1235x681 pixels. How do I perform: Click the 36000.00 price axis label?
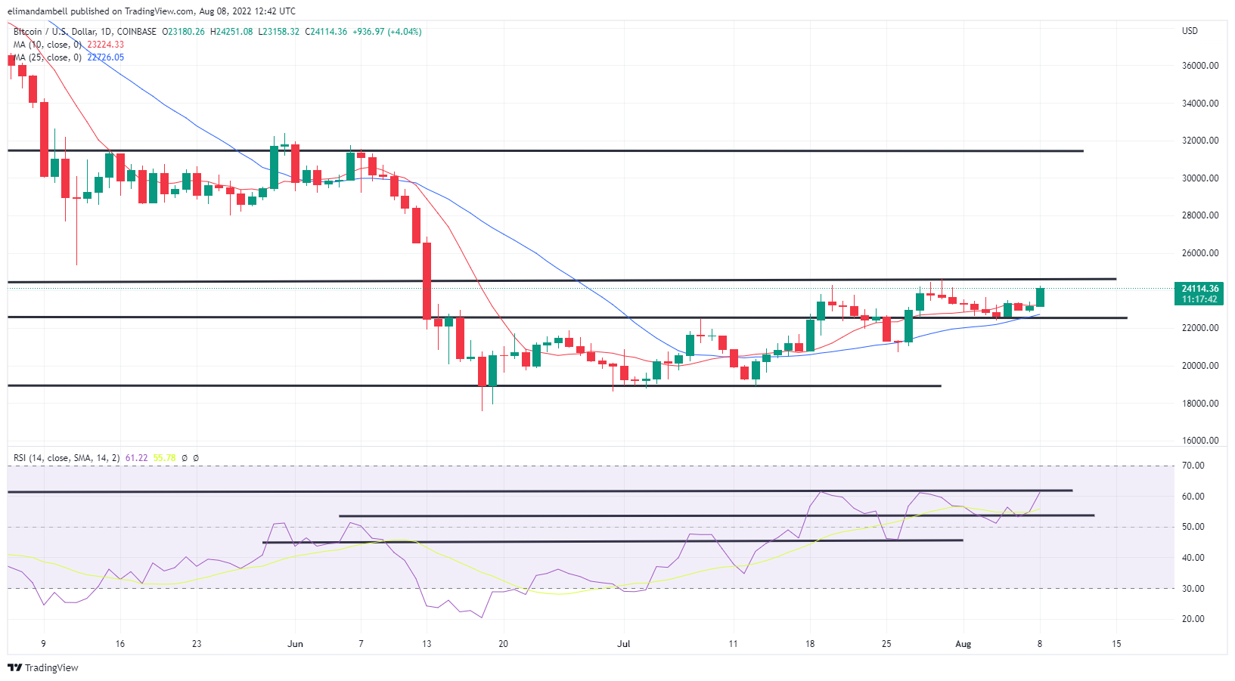(1200, 66)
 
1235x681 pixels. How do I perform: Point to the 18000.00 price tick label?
(1200, 403)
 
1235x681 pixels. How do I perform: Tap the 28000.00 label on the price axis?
(1200, 215)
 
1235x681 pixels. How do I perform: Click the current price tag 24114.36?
(1200, 289)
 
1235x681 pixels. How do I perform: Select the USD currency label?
(1190, 31)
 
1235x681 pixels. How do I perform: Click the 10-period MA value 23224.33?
(105, 45)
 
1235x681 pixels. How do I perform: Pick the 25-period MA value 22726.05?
(105, 57)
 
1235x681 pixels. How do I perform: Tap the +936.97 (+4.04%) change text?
(386, 32)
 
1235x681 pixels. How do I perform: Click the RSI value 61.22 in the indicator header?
(136, 458)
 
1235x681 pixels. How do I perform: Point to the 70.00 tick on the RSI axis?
(1193, 466)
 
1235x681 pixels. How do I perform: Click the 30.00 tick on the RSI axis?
(1193, 588)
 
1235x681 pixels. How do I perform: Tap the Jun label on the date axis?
(296, 644)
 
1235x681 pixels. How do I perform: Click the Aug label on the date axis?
(963, 644)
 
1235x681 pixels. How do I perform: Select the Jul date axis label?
(624, 644)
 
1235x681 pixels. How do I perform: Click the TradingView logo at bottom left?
(43, 667)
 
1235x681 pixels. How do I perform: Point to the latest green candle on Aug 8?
(1040, 297)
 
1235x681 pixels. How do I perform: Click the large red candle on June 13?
(427, 281)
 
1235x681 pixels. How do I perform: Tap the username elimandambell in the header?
(39, 11)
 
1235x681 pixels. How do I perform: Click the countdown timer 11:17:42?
(1200, 299)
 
